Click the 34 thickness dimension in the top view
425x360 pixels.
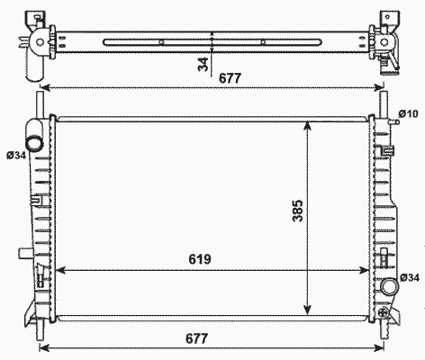[x=203, y=64]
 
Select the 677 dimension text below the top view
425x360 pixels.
[x=230, y=78]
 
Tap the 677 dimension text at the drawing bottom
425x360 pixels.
[x=196, y=338]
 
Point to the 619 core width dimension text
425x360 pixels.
[x=200, y=259]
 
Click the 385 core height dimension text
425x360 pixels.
[x=298, y=211]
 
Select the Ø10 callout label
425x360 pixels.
[x=408, y=113]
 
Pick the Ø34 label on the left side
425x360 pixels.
[x=16, y=155]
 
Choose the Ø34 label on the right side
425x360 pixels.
[x=410, y=278]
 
